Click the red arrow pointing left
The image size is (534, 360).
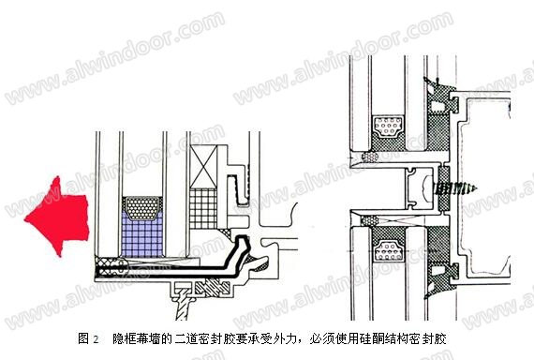[x=58, y=217]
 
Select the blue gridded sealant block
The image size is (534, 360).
[x=142, y=235]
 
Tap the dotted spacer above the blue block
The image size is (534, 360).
[x=142, y=207]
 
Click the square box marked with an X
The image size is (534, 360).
[x=203, y=166]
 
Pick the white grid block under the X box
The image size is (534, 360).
[x=203, y=208]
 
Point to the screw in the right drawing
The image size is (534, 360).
[x=455, y=188]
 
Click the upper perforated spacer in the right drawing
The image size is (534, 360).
[x=388, y=127]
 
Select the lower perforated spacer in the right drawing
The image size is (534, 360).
[x=388, y=251]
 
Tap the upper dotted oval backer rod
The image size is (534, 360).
[x=370, y=157]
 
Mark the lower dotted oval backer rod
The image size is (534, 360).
[x=370, y=221]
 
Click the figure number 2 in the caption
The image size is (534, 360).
[x=96, y=339]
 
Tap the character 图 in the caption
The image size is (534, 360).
[x=83, y=338]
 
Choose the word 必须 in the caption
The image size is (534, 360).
[x=320, y=338]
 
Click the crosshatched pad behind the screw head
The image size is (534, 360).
[x=444, y=188]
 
